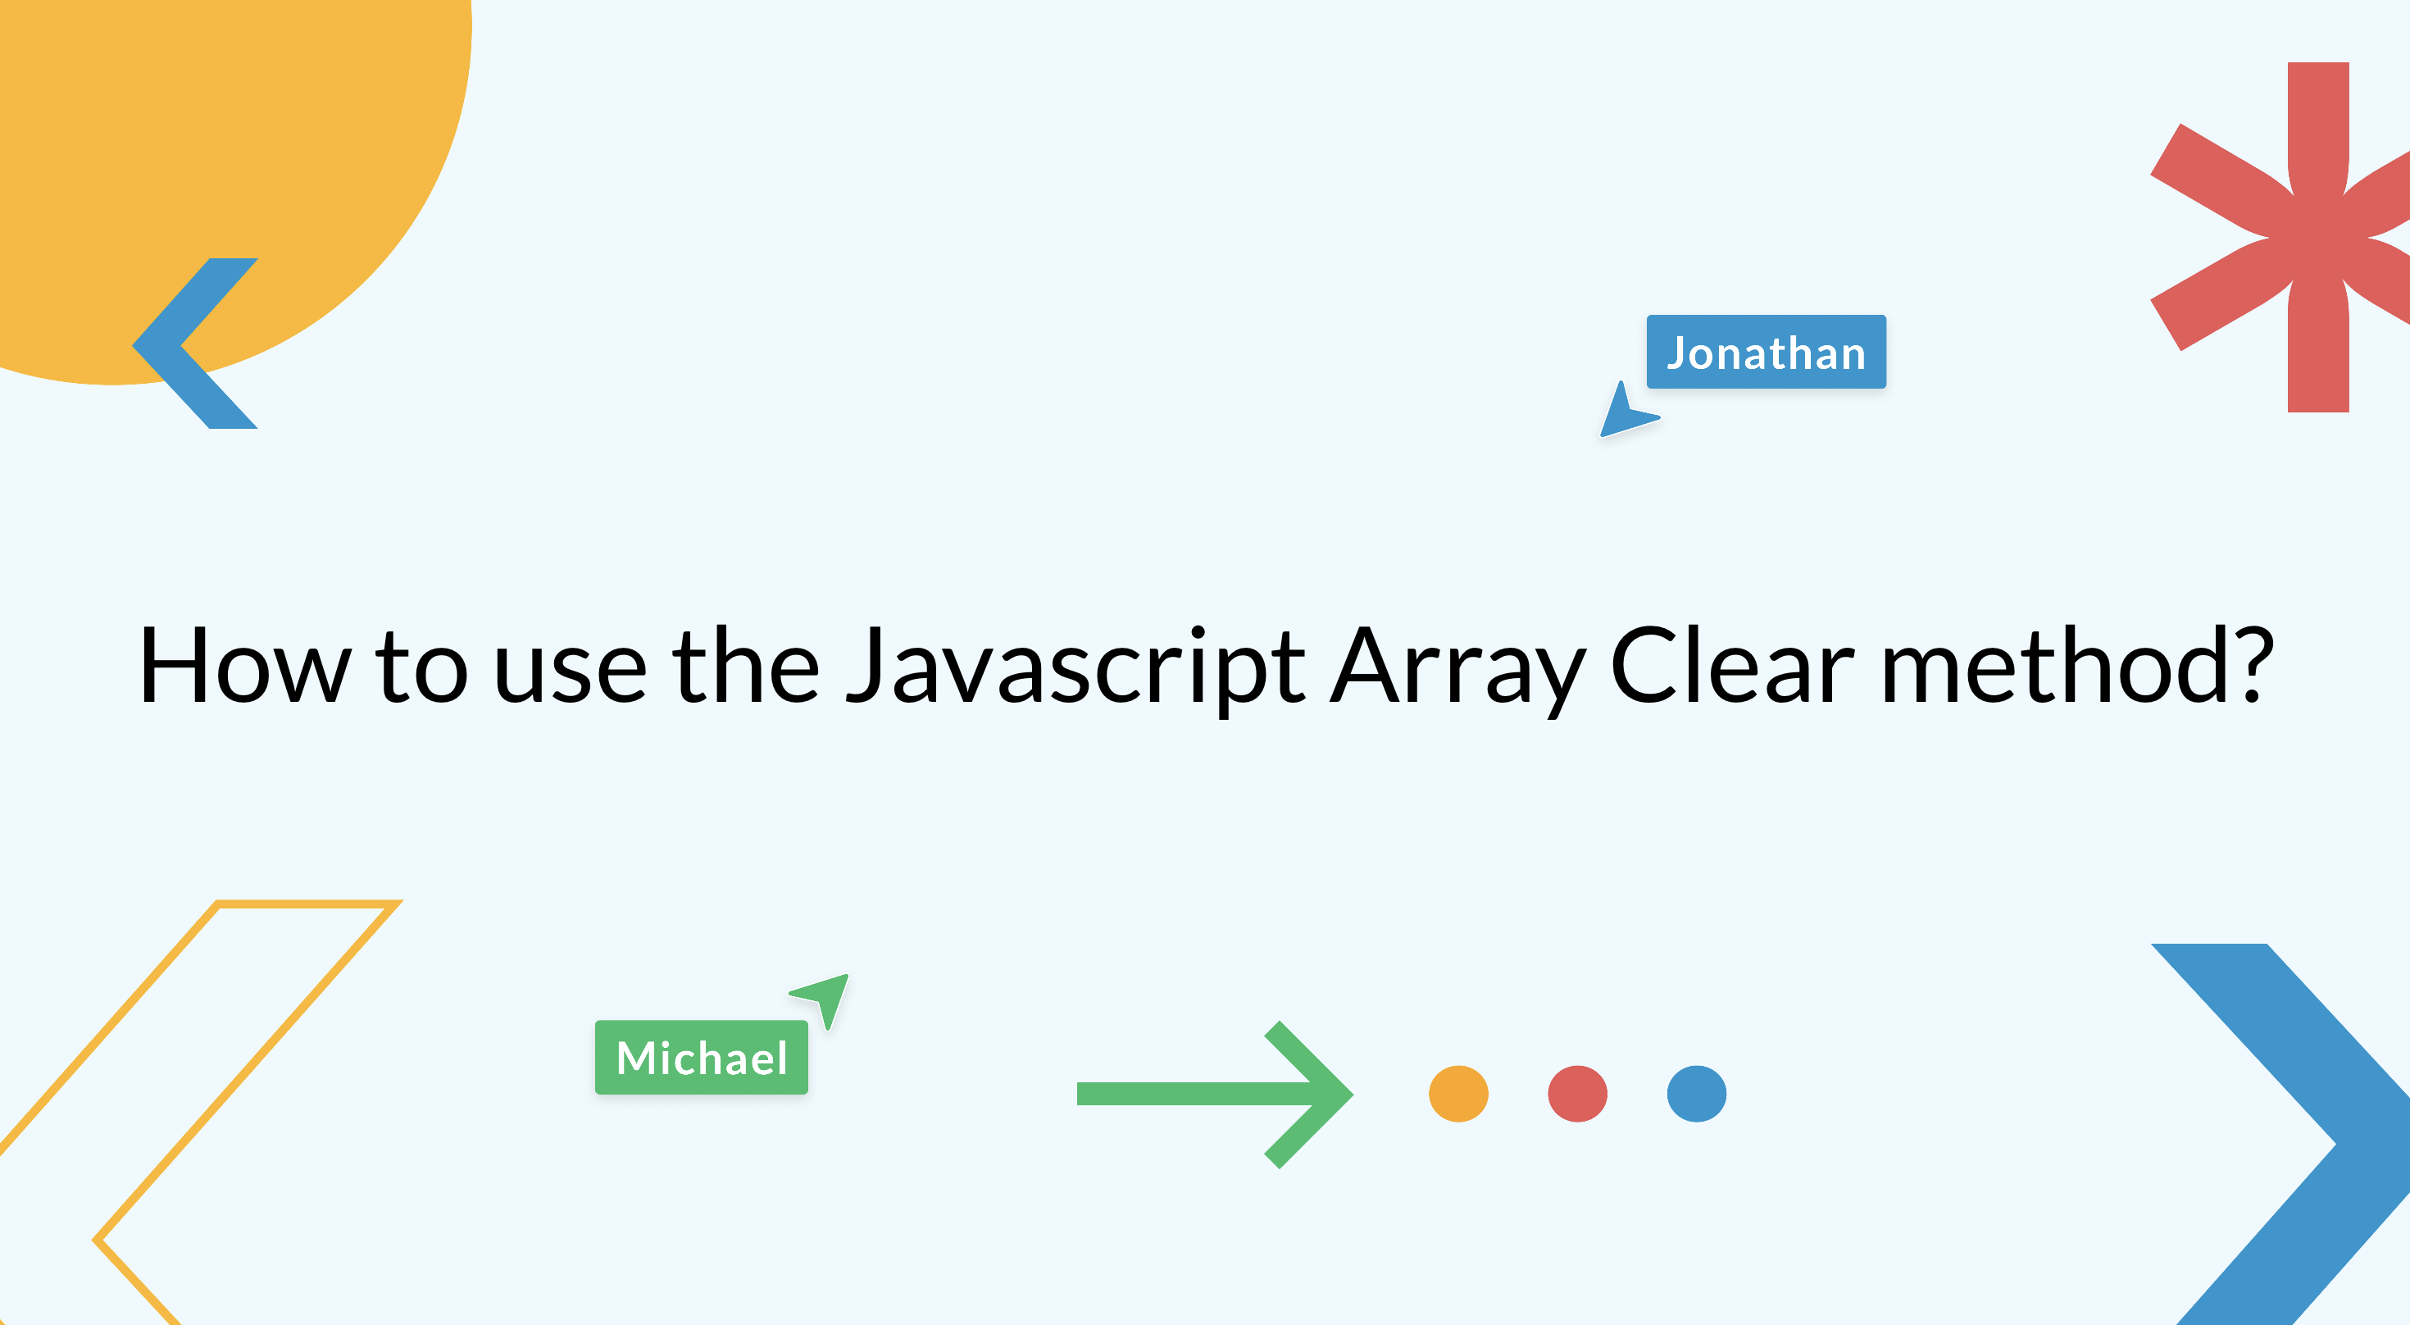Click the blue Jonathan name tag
(x=1767, y=352)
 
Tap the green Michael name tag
(x=702, y=1058)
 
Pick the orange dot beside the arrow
(x=1458, y=1093)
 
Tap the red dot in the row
(x=1577, y=1093)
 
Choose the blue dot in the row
(x=1696, y=1093)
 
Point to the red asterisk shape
(x=2311, y=237)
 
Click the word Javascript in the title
(x=1075, y=667)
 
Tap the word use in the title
(x=570, y=673)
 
